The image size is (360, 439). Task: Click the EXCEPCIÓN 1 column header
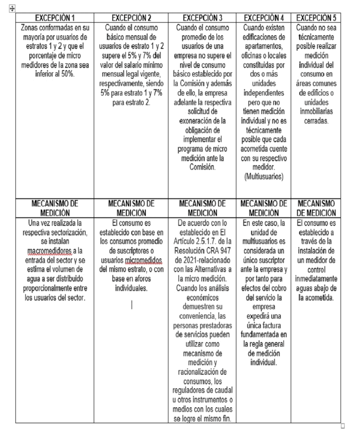55,18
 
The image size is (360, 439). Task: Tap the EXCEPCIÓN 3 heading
202,18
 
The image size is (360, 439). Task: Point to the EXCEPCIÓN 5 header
317,18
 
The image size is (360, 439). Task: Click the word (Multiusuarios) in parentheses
264,177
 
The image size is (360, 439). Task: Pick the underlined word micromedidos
141,269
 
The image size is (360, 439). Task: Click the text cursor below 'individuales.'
131,305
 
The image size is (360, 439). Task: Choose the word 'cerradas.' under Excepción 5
317,121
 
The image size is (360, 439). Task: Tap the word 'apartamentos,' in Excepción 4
264,47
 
